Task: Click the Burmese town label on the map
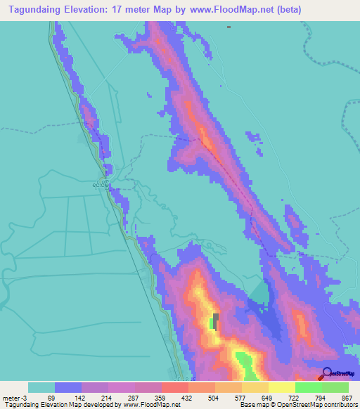click(x=101, y=184)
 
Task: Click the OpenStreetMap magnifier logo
click(x=327, y=374)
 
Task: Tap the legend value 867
click(x=347, y=397)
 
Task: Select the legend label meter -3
click(x=16, y=397)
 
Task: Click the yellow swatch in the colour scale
click(x=281, y=387)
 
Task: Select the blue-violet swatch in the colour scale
click(x=67, y=387)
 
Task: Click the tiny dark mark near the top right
click(x=229, y=27)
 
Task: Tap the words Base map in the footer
click(x=251, y=405)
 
